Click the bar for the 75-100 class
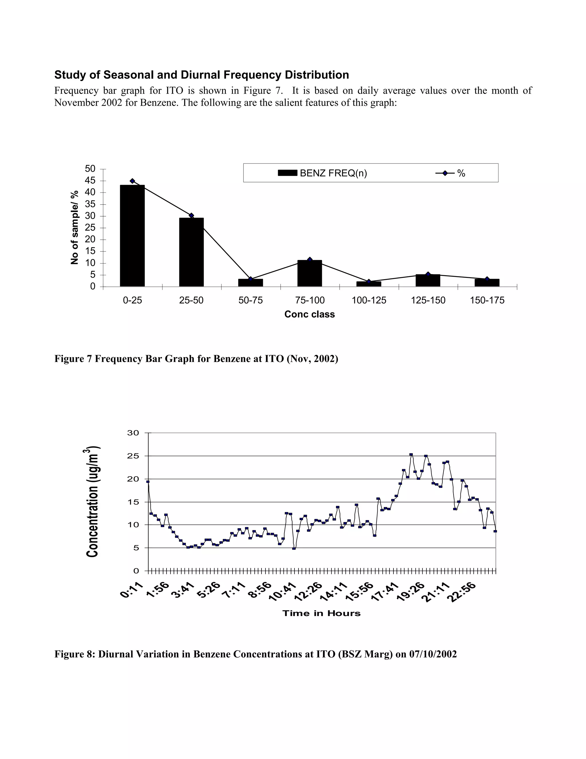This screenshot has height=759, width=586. click(x=310, y=274)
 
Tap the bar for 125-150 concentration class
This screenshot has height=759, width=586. click(x=428, y=280)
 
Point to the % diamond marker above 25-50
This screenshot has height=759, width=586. click(x=191, y=215)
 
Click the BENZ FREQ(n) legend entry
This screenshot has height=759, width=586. click(x=322, y=173)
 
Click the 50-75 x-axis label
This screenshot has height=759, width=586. click(x=250, y=300)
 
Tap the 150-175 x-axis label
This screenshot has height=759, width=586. click(x=487, y=300)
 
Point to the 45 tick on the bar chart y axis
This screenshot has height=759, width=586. click(x=90, y=180)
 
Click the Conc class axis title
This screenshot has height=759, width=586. click(x=309, y=314)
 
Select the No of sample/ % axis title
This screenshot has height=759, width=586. click(x=75, y=227)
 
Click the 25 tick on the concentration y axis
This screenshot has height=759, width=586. click(x=133, y=456)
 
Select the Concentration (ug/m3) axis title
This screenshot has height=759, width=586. click(x=92, y=502)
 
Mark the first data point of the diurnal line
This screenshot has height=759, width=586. click(x=148, y=482)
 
